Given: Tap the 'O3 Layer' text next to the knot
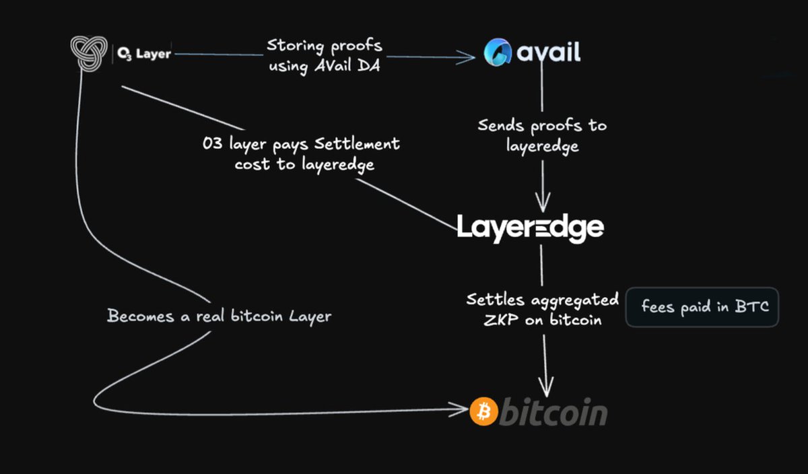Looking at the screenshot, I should coord(143,54).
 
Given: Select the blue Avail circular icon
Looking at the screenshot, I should coord(498,53).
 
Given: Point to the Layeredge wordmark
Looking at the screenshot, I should coord(531,228).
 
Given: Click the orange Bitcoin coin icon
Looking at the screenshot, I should coord(483,411).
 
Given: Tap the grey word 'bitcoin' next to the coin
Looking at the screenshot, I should coord(553,413).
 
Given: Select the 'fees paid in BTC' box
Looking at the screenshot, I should coord(702,308).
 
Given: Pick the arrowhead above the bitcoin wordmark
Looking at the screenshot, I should coord(545,387).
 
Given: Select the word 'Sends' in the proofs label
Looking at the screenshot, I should coord(500,126).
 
